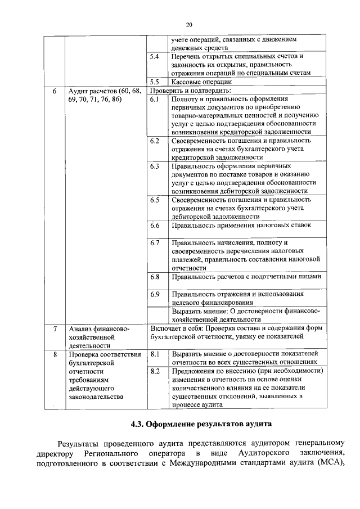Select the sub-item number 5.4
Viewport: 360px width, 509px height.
click(x=155, y=57)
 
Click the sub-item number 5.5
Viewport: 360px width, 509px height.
click(x=155, y=82)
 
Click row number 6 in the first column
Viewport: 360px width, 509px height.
click(x=54, y=91)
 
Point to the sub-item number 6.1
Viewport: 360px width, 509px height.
click(x=155, y=99)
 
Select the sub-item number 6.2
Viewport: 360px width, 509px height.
click(x=155, y=141)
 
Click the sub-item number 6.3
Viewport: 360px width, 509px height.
click(x=155, y=166)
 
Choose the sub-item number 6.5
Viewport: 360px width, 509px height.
click(x=155, y=200)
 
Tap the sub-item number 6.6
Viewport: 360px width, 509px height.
click(x=155, y=226)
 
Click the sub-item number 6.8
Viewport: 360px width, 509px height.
click(x=155, y=277)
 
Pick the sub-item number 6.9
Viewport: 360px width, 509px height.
click(x=155, y=294)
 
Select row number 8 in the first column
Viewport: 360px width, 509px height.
click(x=54, y=354)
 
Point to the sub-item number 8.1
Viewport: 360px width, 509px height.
click(x=155, y=354)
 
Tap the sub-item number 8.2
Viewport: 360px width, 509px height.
click(x=155, y=371)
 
